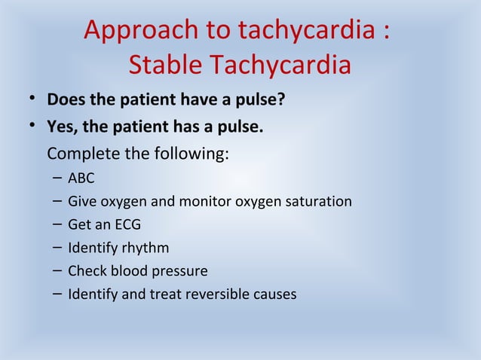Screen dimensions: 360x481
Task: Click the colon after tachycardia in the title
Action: [x=386, y=33]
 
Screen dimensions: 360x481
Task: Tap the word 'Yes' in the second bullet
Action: [x=61, y=128]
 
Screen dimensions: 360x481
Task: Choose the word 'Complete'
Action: [x=85, y=156]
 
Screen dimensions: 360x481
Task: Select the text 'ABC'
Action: [x=81, y=179]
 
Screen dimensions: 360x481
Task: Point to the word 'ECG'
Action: [x=127, y=224]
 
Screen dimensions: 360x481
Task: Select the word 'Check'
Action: [x=87, y=270]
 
